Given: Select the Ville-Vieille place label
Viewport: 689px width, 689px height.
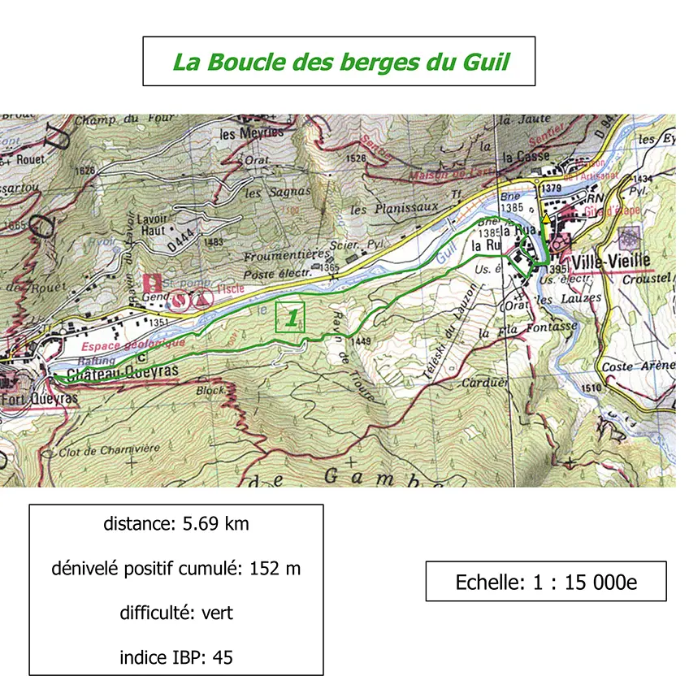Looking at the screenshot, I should tap(610, 262).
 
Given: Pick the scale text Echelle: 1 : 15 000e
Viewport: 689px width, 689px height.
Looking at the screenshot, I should tap(545, 582).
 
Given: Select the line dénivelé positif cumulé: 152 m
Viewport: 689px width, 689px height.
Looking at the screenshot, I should tap(176, 569).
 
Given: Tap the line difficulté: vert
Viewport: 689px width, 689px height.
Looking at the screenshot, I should tap(176, 613).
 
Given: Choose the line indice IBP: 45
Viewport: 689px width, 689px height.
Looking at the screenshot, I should tap(176, 657).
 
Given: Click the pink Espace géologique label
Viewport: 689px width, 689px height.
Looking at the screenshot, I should tap(133, 344).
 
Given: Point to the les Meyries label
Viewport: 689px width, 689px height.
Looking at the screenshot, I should tap(252, 132).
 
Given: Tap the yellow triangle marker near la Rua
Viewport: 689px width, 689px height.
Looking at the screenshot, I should tap(546, 219).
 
